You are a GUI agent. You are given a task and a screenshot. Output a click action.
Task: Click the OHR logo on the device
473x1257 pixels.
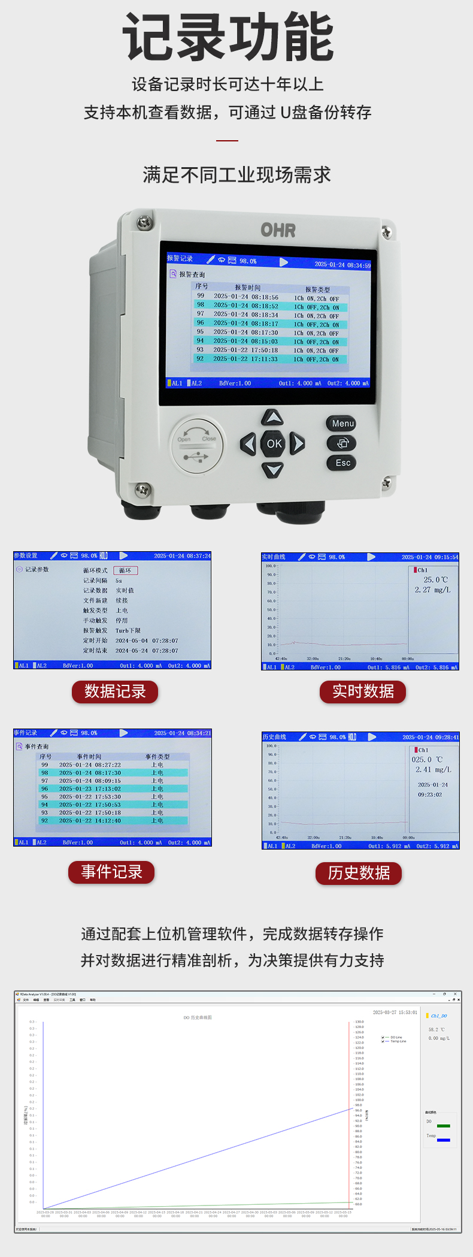(x=278, y=230)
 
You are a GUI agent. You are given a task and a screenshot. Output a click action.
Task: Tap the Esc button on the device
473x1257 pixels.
(x=342, y=463)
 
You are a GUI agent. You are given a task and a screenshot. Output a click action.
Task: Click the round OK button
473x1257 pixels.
(x=274, y=444)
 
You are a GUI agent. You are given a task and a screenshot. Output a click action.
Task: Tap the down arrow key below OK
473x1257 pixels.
(x=273, y=469)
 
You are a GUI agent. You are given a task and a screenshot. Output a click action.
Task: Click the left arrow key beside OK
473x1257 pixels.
(x=248, y=444)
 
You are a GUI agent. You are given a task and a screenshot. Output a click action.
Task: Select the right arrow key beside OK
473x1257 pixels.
(x=298, y=443)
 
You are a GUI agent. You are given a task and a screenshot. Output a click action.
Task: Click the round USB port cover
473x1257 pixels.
(x=197, y=444)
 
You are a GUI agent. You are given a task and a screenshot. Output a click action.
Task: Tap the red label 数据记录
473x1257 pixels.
(x=115, y=691)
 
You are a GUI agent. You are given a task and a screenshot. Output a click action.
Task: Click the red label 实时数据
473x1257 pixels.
(x=363, y=691)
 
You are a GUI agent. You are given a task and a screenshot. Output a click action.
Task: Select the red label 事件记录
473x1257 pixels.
(x=111, y=872)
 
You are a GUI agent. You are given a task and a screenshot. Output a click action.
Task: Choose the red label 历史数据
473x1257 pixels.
(x=359, y=873)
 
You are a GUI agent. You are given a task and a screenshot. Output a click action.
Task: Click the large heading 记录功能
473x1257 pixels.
(x=228, y=37)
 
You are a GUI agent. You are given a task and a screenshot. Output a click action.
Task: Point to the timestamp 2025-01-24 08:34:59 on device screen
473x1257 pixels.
(x=342, y=264)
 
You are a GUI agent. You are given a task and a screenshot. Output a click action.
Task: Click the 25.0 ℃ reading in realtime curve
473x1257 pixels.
(x=435, y=579)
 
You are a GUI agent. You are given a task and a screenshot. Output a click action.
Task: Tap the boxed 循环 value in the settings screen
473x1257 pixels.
(x=125, y=570)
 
